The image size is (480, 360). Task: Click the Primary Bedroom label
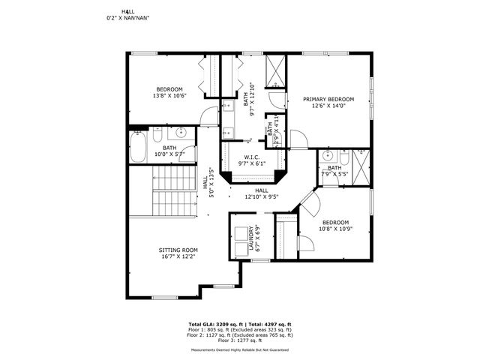(x=328, y=99)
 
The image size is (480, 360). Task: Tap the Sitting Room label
(x=178, y=250)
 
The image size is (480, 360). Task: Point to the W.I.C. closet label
(x=251, y=157)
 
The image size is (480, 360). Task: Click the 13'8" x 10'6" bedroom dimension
(x=169, y=96)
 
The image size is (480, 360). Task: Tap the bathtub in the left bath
(x=139, y=148)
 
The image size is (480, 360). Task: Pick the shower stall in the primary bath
(x=276, y=72)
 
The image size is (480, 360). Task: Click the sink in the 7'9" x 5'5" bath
(x=327, y=157)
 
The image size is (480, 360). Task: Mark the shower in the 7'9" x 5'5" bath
(x=361, y=162)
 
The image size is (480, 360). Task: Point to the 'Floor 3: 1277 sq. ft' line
(x=240, y=340)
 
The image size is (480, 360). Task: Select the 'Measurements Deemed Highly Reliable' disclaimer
(x=240, y=349)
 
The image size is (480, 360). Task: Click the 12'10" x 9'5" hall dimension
(x=261, y=198)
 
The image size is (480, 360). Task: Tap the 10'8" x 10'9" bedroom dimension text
(x=335, y=229)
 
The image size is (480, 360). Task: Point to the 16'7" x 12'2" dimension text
(x=178, y=256)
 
